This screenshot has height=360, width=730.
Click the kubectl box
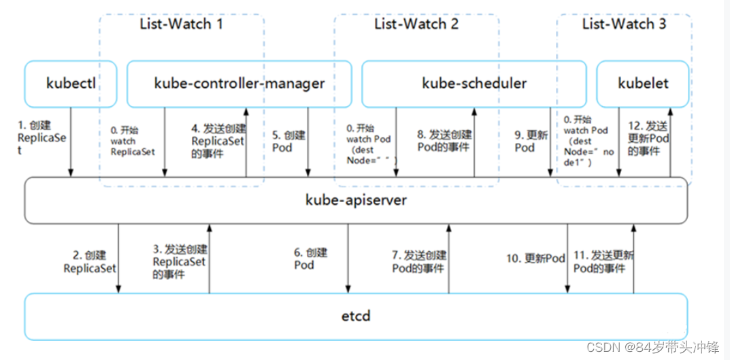tap(71, 84)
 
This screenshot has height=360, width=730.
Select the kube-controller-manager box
tap(239, 84)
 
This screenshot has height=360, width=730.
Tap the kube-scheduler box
tap(474, 84)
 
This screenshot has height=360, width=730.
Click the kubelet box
tap(643, 84)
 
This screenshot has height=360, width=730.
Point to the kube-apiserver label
tap(356, 201)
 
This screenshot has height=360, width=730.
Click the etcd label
tap(356, 316)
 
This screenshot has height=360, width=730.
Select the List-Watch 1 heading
tap(181, 24)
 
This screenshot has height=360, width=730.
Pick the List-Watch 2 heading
tap(416, 24)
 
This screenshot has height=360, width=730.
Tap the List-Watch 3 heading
tap(624, 24)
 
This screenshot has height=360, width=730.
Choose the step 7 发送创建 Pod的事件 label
tap(419, 261)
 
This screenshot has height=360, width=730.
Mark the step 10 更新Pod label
tap(535, 259)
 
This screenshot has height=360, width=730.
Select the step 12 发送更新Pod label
tap(648, 138)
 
